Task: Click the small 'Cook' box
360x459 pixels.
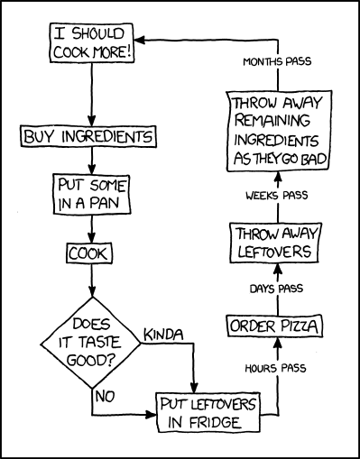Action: (x=88, y=253)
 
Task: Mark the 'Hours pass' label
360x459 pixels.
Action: (x=275, y=369)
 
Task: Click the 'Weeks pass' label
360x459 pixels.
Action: (x=275, y=196)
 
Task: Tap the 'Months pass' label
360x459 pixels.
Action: (x=276, y=62)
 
